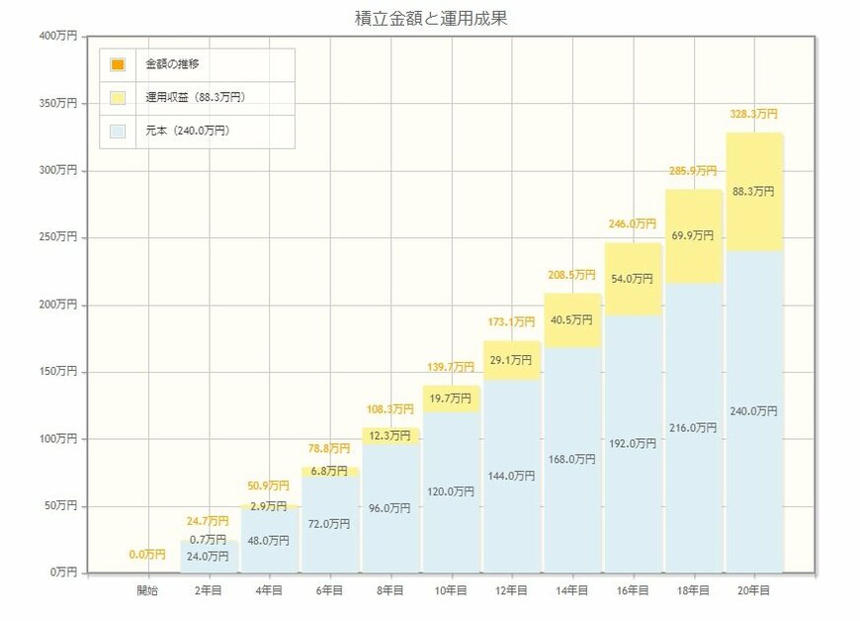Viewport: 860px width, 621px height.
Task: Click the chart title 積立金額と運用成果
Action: tap(431, 18)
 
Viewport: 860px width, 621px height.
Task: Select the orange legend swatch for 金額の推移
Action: tap(119, 65)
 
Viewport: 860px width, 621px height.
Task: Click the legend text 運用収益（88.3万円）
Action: tap(195, 98)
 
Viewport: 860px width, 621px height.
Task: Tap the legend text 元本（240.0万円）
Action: tap(188, 131)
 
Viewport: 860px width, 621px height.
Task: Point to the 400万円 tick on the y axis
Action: tap(57, 37)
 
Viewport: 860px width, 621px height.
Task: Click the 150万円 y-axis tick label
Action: tap(57, 372)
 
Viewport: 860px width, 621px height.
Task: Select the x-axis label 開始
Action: tap(148, 590)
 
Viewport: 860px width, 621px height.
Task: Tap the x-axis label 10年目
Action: tap(451, 590)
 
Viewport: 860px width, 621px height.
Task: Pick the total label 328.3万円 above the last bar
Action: tap(753, 115)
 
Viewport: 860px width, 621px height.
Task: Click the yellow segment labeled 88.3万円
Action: tap(753, 192)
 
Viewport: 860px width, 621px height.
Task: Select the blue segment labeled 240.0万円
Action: tap(753, 411)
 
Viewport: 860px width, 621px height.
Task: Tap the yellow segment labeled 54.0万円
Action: tap(633, 280)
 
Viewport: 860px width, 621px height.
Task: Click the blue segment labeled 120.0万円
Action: tap(451, 491)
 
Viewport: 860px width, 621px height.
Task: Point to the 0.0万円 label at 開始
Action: tap(148, 555)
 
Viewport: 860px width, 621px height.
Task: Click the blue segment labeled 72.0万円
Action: tap(330, 524)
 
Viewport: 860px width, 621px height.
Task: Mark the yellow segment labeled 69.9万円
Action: tap(693, 236)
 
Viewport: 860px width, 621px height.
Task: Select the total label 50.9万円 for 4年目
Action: tap(270, 487)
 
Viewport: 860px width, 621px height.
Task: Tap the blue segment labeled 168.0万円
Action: tap(572, 459)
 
